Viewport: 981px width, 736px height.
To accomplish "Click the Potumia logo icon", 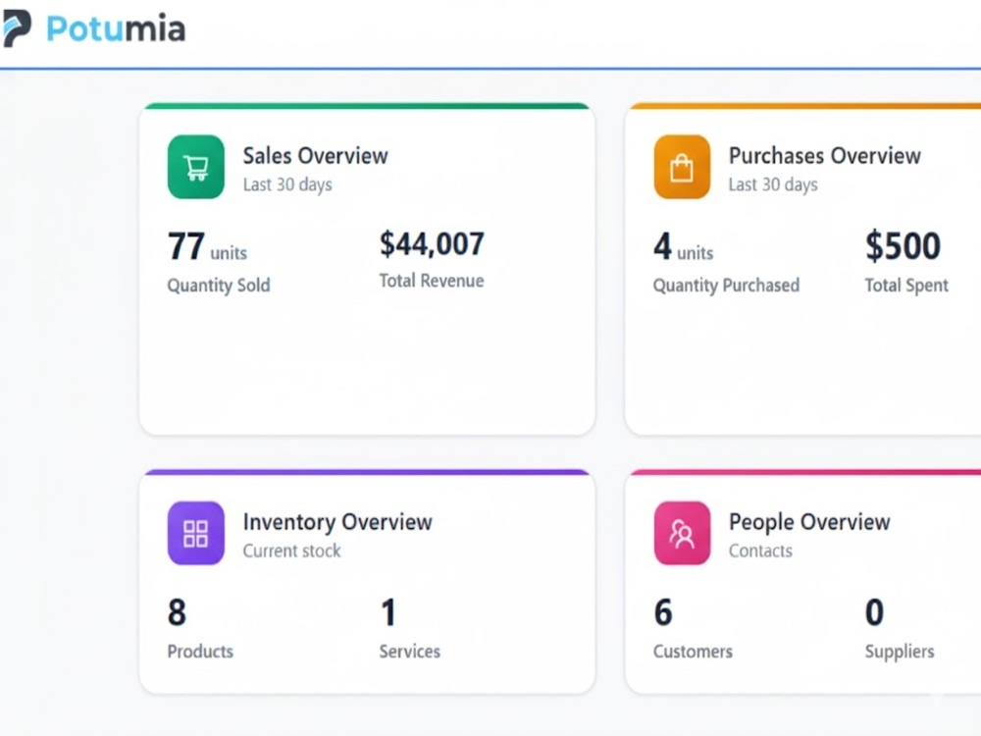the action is (x=16, y=28).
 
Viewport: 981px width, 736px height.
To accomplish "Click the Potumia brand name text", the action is (x=116, y=28).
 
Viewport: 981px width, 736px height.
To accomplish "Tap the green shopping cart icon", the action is (x=196, y=167).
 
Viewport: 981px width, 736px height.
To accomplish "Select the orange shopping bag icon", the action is (x=682, y=167).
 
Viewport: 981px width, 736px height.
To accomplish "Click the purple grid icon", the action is (x=196, y=533).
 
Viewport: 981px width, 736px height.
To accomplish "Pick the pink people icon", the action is (x=682, y=533).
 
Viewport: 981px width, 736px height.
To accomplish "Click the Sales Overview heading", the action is (x=315, y=156).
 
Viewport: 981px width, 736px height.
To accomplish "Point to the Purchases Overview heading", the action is (x=825, y=156).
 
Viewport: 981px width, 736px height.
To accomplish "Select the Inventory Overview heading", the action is (x=337, y=522).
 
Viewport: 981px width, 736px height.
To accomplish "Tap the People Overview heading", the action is (x=809, y=522).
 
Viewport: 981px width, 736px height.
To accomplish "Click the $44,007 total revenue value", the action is (x=432, y=244).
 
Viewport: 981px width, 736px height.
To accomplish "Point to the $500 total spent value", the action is (x=903, y=245).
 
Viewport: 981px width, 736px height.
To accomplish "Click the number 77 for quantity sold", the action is (x=185, y=246).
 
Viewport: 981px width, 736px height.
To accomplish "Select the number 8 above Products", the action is (x=177, y=612).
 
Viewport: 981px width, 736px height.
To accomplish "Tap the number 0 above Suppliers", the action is (x=875, y=612).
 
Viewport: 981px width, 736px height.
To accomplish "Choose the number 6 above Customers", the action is (x=663, y=612).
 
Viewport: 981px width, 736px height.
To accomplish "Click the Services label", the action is (x=410, y=652).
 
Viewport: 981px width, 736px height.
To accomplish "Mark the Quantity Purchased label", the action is (x=726, y=286).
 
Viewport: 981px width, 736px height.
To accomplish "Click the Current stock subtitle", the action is (x=291, y=551).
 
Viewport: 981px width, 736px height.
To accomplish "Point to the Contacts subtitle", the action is (x=761, y=551).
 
